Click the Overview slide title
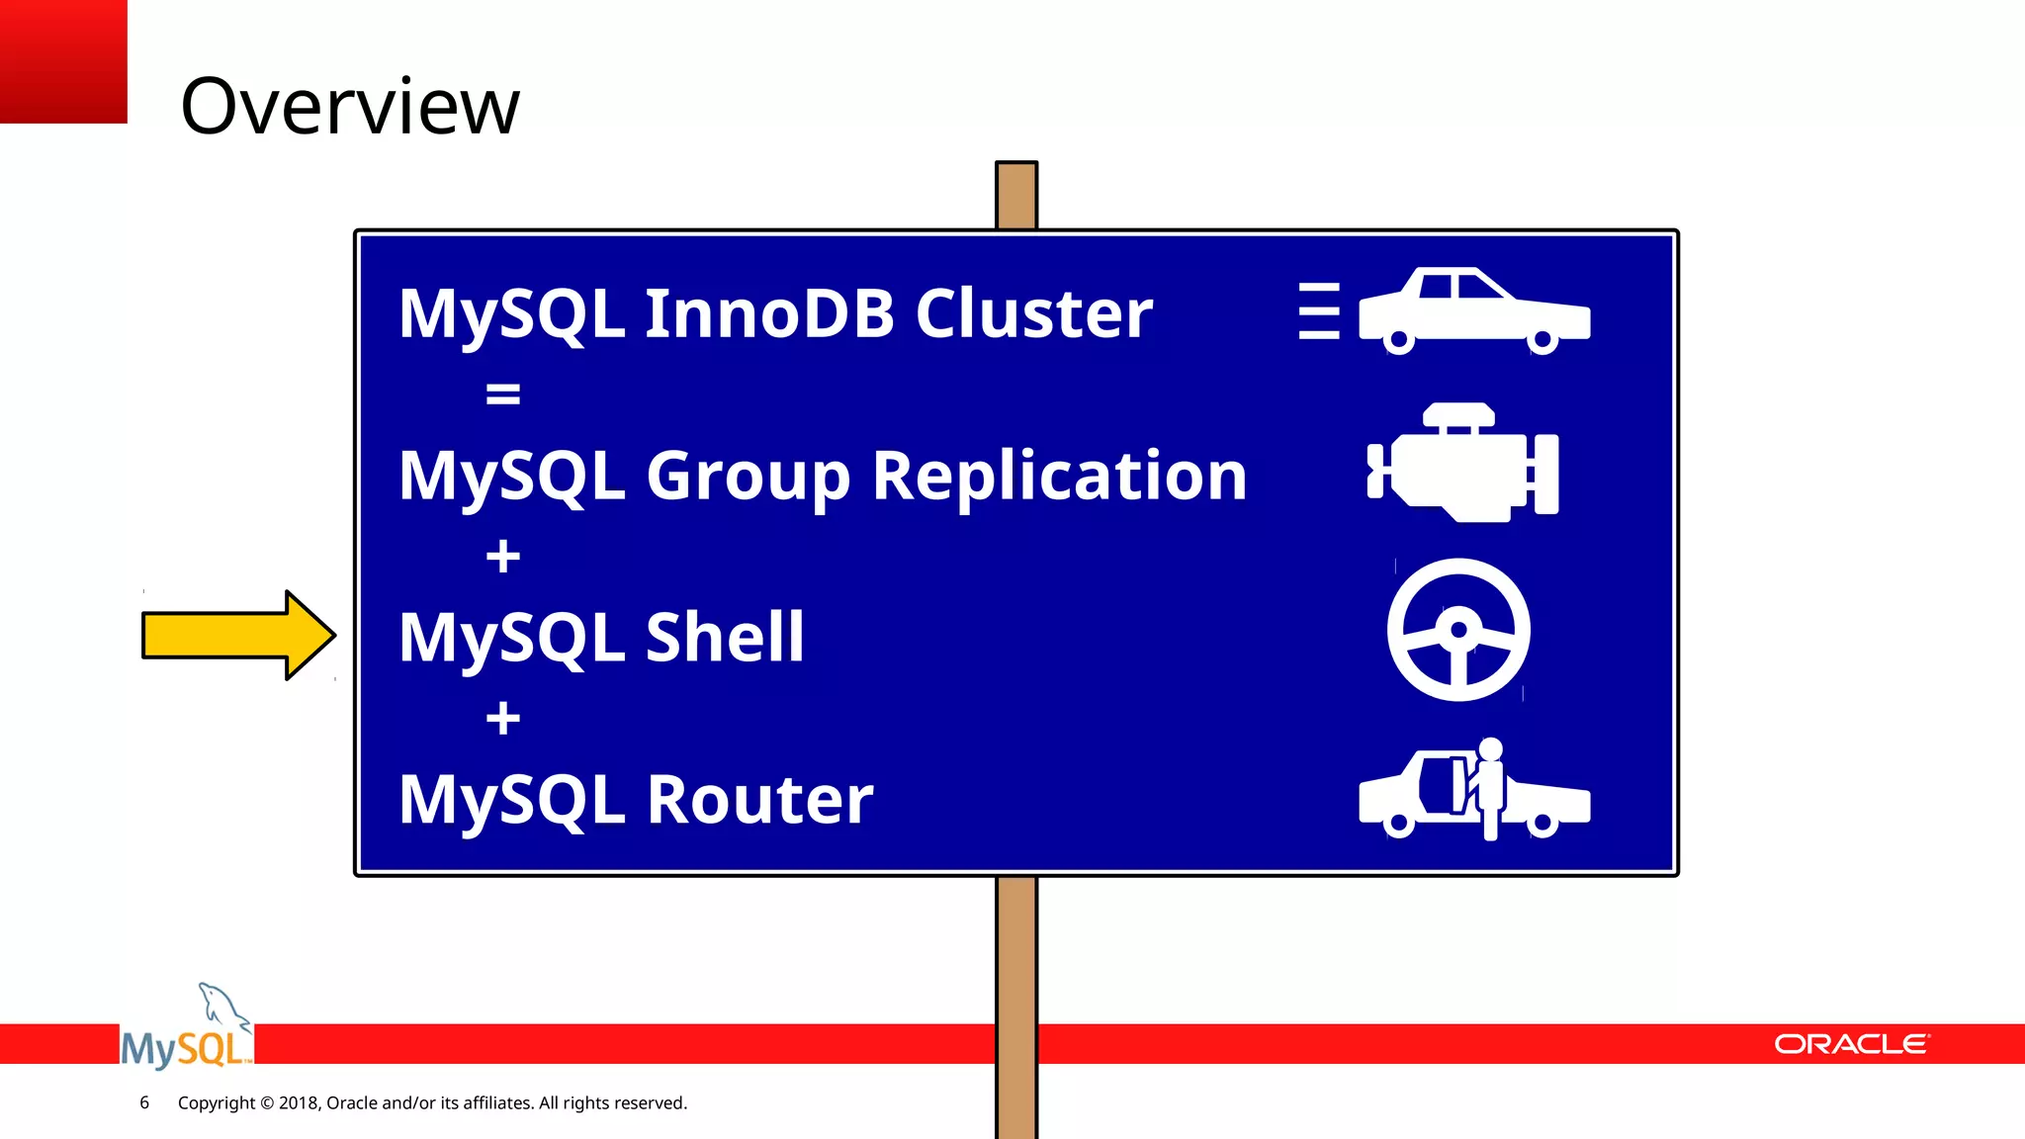pyautogui.click(x=349, y=107)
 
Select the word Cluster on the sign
pyautogui.click(x=1033, y=313)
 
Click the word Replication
pyautogui.click(x=1059, y=476)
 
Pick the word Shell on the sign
pyautogui.click(x=725, y=637)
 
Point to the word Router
pyautogui.click(x=759, y=799)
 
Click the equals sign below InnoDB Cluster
pyautogui.click(x=502, y=394)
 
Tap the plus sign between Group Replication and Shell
pyautogui.click(x=502, y=556)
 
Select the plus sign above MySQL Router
pyautogui.click(x=502, y=718)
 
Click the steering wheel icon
pyautogui.click(x=1458, y=630)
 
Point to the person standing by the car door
pyautogui.click(x=1489, y=786)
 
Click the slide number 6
pyautogui.click(x=144, y=1102)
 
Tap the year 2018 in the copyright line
pyautogui.click(x=298, y=1102)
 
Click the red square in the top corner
pyautogui.click(x=63, y=61)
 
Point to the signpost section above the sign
pyautogui.click(x=1016, y=196)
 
